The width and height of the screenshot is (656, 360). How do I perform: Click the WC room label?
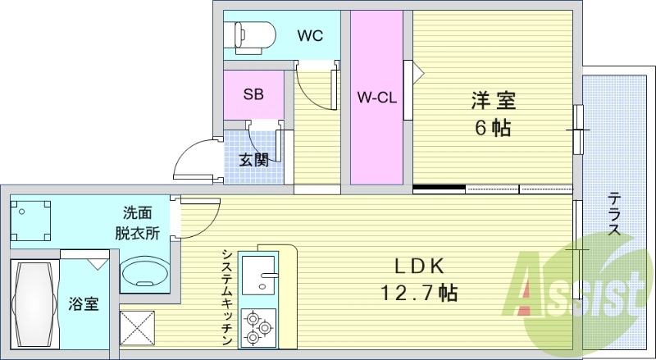pyautogui.click(x=310, y=35)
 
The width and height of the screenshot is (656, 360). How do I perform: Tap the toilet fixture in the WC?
pyautogui.click(x=250, y=37)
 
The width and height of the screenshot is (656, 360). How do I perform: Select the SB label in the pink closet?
pyautogui.click(x=253, y=94)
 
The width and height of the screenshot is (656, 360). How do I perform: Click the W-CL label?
pyautogui.click(x=376, y=98)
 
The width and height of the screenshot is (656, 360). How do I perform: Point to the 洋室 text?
pyautogui.click(x=494, y=101)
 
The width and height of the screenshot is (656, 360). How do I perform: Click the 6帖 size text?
pyautogui.click(x=493, y=128)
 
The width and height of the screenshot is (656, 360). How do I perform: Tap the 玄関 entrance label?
pyautogui.click(x=254, y=160)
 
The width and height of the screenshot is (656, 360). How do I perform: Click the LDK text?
pyautogui.click(x=419, y=267)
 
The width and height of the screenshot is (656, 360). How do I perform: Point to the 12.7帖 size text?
pyautogui.click(x=419, y=293)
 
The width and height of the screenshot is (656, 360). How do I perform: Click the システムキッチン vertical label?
pyautogui.click(x=227, y=297)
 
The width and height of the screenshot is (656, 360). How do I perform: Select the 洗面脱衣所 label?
pyautogui.click(x=137, y=223)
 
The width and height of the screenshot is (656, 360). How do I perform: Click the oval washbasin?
pyautogui.click(x=145, y=272)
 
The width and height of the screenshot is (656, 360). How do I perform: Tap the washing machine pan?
pyautogui.click(x=30, y=221)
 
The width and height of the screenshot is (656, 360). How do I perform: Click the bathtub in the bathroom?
pyautogui.click(x=34, y=304)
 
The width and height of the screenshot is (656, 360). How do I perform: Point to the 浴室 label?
pyautogui.click(x=84, y=304)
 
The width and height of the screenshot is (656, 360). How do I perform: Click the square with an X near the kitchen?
pyautogui.click(x=137, y=328)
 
